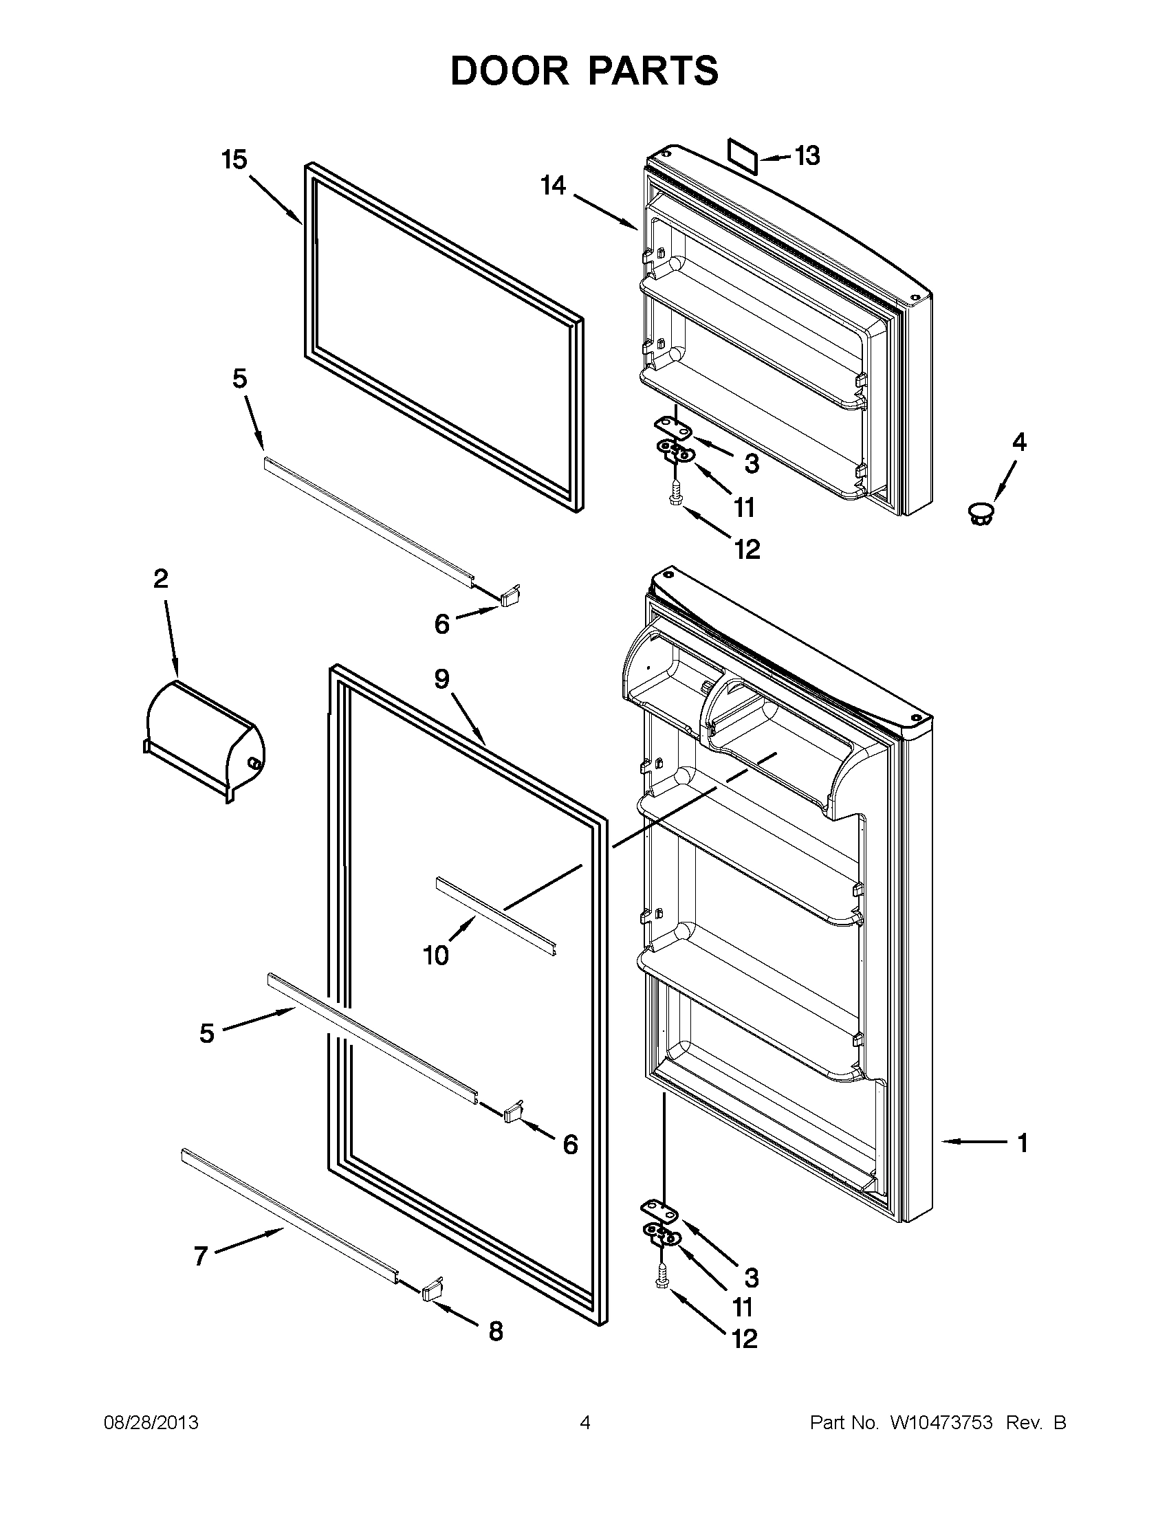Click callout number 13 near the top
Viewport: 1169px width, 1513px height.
pyautogui.click(x=807, y=156)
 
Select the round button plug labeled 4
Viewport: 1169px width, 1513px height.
pyautogui.click(x=980, y=514)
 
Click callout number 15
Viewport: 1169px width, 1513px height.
pyautogui.click(x=234, y=160)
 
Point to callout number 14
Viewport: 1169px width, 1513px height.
pyautogui.click(x=553, y=186)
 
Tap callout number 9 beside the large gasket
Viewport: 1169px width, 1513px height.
pyautogui.click(x=442, y=679)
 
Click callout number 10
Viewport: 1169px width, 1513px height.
pyautogui.click(x=436, y=956)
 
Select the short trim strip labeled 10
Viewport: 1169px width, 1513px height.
pyautogui.click(x=496, y=908)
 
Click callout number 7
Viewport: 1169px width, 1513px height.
pyautogui.click(x=200, y=1256)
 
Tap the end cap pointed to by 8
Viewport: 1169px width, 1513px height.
pyautogui.click(x=431, y=1289)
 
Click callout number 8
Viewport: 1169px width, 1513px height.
pyautogui.click(x=496, y=1331)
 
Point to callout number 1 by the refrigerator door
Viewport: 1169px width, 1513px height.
pyautogui.click(x=1022, y=1142)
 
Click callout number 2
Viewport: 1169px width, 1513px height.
pyautogui.click(x=160, y=578)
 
